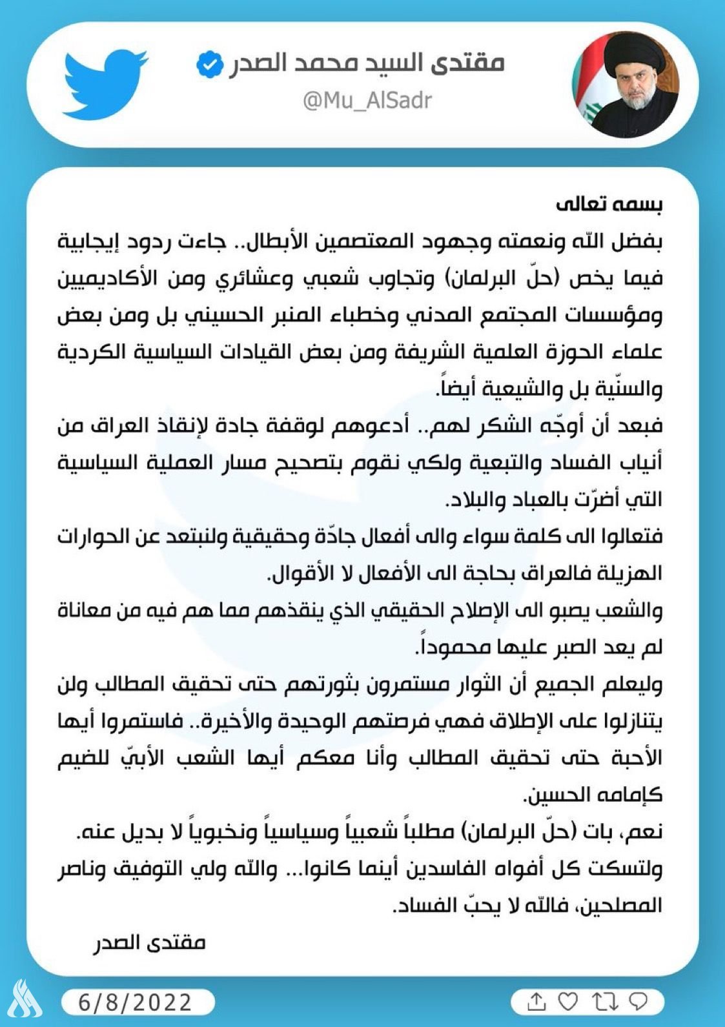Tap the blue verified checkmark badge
tap(210, 65)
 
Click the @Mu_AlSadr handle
tap(367, 101)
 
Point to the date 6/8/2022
tap(136, 1002)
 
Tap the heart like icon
tap(567, 1002)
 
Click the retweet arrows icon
tap(602, 1002)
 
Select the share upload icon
tap(536, 1002)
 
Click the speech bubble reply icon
tap(637, 1002)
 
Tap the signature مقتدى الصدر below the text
tap(150, 942)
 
